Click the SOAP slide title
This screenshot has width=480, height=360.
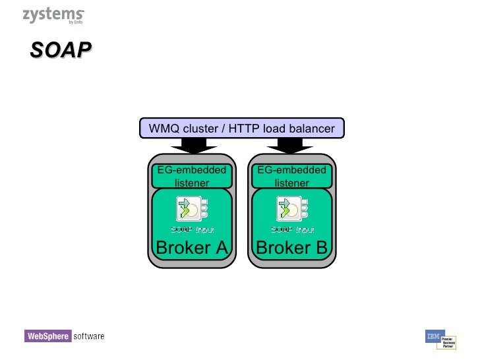tap(60, 51)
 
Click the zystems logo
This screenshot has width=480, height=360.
tap(53, 16)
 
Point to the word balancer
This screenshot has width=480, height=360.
tap(311, 129)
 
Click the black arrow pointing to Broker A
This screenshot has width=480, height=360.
tap(191, 145)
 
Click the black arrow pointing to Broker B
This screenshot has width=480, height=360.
tap(291, 145)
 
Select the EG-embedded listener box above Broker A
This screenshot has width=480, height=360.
tap(191, 176)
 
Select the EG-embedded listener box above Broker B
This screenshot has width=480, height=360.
tap(291, 176)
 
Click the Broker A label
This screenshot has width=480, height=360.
tap(191, 248)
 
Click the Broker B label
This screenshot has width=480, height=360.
tap(291, 248)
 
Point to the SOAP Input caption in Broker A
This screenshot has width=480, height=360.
tap(191, 229)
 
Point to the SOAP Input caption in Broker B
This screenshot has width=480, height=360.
tap(292, 229)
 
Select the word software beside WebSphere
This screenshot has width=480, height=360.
tap(88, 336)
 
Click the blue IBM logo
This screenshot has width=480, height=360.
tap(434, 336)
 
